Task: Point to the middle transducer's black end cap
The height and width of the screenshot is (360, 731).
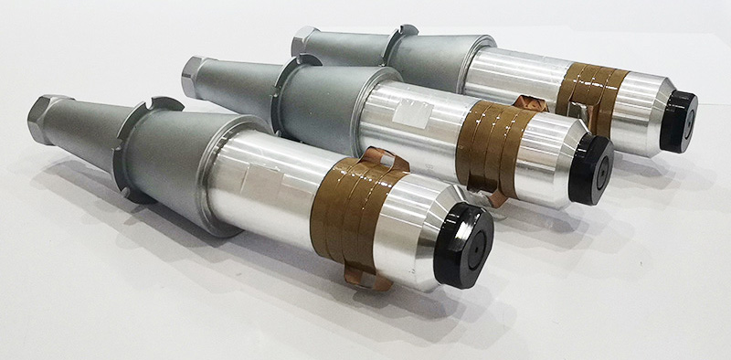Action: point(591,168)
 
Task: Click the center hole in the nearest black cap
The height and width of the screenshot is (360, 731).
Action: point(475,241)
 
